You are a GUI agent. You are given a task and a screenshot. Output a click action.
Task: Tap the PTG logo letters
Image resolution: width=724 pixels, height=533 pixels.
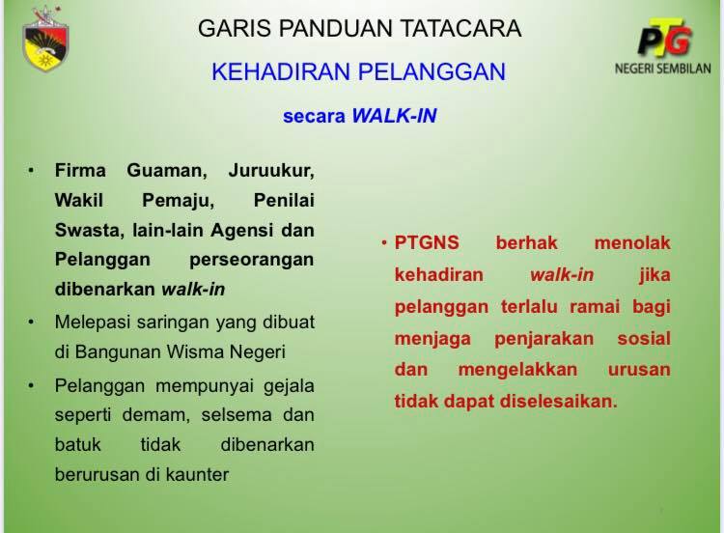click(665, 38)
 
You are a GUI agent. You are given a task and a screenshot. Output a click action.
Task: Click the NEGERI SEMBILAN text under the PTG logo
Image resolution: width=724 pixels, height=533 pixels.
click(662, 69)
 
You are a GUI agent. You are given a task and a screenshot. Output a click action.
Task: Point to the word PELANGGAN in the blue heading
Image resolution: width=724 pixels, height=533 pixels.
click(432, 72)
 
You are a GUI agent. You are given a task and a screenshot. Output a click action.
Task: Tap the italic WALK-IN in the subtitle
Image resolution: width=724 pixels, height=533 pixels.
click(394, 116)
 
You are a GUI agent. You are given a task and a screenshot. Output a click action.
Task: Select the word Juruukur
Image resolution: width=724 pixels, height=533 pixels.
click(271, 171)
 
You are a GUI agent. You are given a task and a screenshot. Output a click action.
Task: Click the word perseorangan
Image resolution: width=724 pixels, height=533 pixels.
click(252, 261)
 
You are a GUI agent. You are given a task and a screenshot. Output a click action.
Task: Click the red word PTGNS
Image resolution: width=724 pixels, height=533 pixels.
click(427, 243)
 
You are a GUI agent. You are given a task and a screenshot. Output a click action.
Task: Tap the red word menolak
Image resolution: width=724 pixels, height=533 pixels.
click(632, 243)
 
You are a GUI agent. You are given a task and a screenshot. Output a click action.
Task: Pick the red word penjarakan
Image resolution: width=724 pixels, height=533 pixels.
click(543, 339)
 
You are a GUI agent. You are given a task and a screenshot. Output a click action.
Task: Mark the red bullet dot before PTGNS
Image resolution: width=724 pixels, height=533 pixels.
click(384, 241)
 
